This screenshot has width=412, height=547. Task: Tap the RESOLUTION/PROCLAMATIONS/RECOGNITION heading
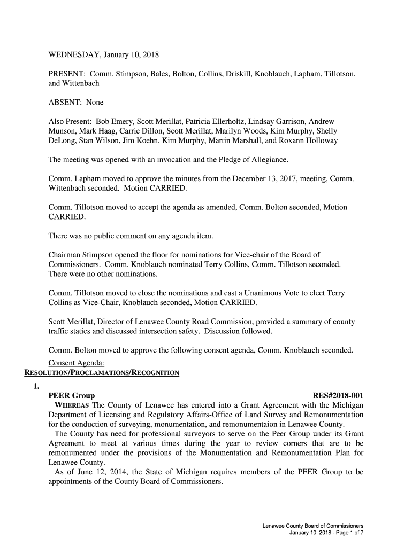(x=99, y=372)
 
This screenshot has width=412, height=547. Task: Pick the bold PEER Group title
(x=72, y=396)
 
